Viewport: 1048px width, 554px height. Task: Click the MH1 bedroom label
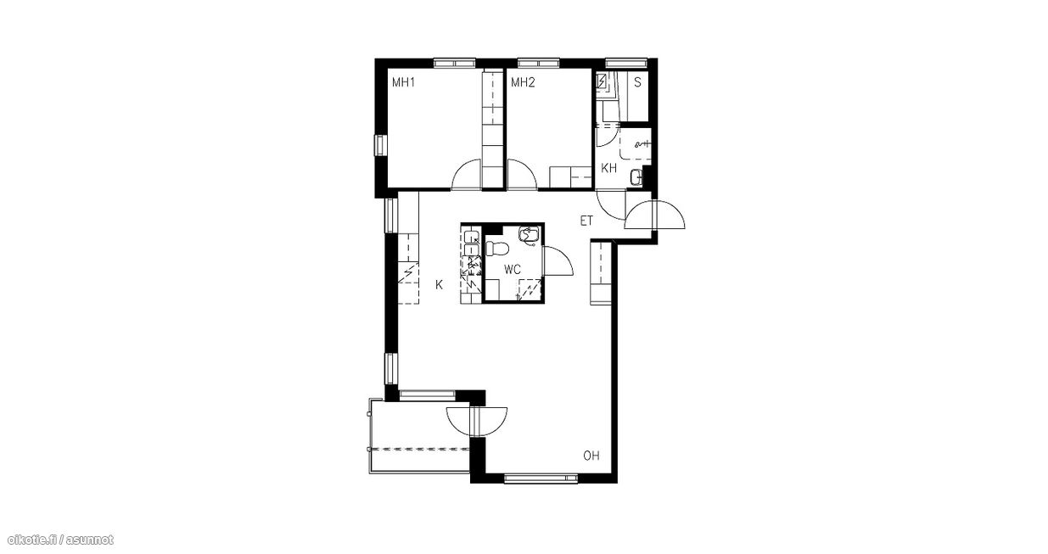[403, 83]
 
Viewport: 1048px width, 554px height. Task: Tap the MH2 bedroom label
[523, 83]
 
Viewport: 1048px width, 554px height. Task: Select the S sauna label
[637, 83]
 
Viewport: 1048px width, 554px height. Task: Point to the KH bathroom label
[608, 169]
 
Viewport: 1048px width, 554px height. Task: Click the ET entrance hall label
[586, 221]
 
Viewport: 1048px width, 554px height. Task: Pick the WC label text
[513, 270]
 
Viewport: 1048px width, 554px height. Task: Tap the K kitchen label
[439, 284]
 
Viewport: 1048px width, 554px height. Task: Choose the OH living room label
[591, 456]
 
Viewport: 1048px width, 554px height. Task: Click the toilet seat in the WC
[496, 248]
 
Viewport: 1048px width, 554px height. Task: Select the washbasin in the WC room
[530, 235]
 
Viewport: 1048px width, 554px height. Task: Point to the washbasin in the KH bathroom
[636, 177]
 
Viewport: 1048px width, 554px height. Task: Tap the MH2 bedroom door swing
[522, 174]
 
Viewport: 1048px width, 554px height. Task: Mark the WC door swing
[558, 260]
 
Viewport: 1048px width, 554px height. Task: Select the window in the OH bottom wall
[541, 478]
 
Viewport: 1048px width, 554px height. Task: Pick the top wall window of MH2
[538, 63]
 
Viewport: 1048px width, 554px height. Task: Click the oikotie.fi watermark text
[61, 540]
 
